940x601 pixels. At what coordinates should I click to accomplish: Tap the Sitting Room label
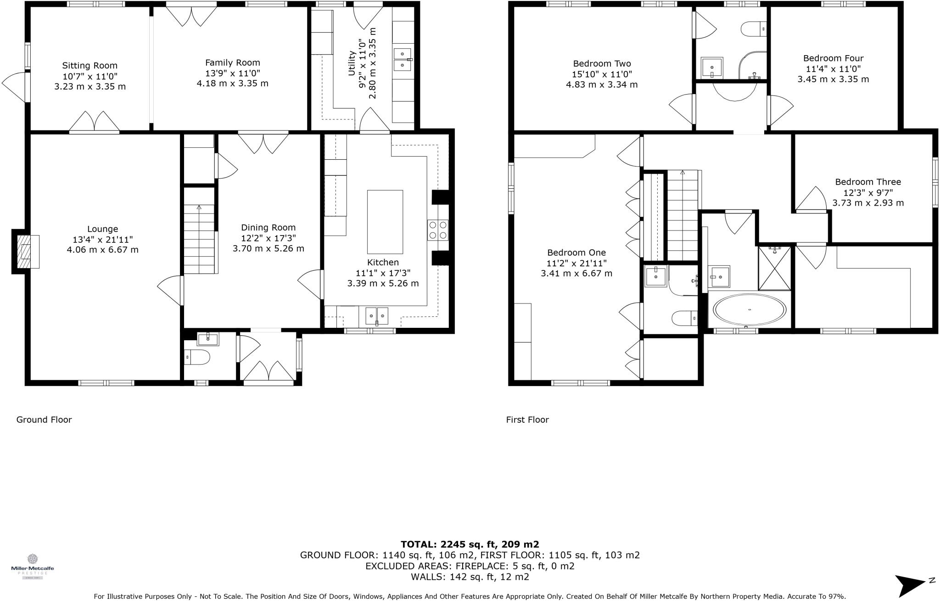90,66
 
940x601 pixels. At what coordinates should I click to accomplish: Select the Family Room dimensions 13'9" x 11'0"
232,73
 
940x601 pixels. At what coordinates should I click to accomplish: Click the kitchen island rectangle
385,222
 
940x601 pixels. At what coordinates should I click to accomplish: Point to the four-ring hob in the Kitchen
437,230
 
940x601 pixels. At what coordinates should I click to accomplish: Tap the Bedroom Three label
867,182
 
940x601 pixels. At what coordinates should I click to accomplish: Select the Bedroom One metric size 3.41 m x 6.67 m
576,273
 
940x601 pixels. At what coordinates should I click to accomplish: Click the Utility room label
352,63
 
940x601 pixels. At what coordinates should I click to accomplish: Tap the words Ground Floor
44,419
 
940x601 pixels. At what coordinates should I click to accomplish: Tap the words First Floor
527,419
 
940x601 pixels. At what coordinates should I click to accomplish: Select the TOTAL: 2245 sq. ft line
470,544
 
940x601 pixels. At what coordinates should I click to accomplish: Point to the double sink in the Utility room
402,60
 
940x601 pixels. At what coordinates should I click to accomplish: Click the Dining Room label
268,227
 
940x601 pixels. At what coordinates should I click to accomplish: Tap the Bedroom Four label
833,58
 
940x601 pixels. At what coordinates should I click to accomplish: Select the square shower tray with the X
774,269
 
